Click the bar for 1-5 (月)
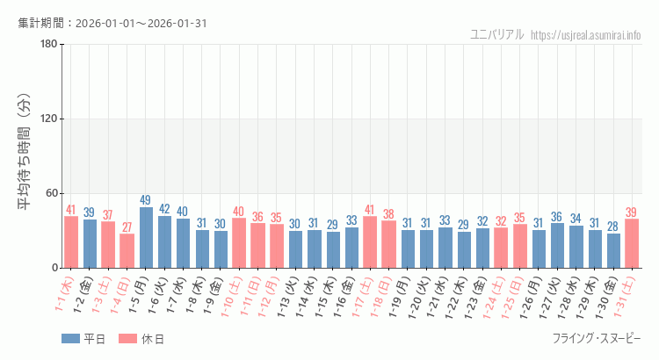pos(146,237)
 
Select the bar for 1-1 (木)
pos(71,241)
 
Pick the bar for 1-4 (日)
pos(127,250)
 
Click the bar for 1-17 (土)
pos(370,241)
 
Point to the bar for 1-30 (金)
pos(613,250)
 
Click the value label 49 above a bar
pos(146,200)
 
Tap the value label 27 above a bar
pos(127,227)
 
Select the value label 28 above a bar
pos(613,227)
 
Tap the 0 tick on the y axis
pos(54,268)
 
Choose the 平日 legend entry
pos(83,339)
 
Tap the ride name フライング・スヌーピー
pos(597,339)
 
